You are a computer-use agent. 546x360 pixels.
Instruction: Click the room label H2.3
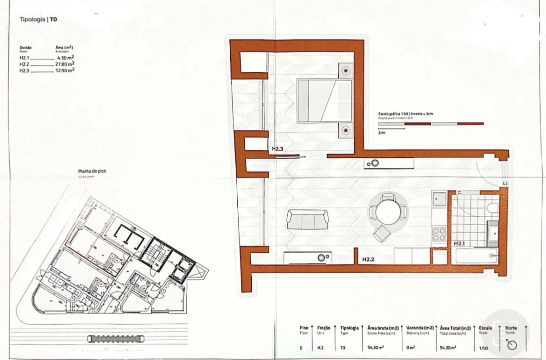(x=278, y=149)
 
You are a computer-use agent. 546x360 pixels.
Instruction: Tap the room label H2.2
(x=369, y=260)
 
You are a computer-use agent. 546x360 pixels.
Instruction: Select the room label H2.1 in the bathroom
(x=460, y=243)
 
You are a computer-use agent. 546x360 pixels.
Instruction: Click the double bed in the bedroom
(x=324, y=100)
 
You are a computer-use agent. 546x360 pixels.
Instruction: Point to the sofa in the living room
(x=307, y=219)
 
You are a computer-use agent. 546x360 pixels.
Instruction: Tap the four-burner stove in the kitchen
(x=439, y=234)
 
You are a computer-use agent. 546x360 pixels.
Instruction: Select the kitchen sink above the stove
(x=439, y=198)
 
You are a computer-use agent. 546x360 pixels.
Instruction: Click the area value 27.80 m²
(x=65, y=64)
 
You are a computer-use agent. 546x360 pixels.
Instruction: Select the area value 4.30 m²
(x=66, y=58)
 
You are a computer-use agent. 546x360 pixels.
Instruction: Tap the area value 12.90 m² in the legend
(x=65, y=70)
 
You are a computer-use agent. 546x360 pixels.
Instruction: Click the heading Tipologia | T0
(x=38, y=20)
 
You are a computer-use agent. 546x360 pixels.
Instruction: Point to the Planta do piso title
(x=92, y=171)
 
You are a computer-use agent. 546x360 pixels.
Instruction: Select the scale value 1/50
(x=484, y=347)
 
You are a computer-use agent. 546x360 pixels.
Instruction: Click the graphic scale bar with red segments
(x=431, y=123)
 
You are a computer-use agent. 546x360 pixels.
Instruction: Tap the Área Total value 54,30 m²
(x=447, y=347)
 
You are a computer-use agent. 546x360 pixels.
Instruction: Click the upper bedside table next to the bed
(x=346, y=70)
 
